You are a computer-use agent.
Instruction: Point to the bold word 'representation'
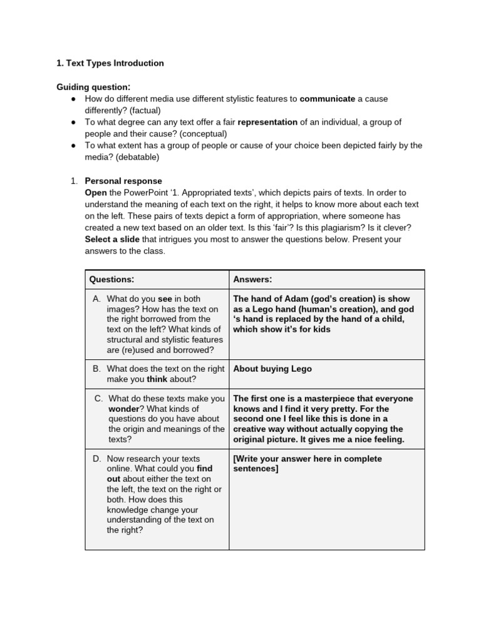pyautogui.click(x=267, y=122)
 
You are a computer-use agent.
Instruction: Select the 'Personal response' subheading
pyautogui.click(x=123, y=181)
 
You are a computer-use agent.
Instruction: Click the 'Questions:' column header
pyautogui.click(x=111, y=279)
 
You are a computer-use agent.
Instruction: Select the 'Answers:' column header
pyautogui.click(x=252, y=279)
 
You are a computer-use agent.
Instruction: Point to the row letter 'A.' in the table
pyautogui.click(x=97, y=299)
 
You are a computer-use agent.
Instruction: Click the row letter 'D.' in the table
pyautogui.click(x=97, y=459)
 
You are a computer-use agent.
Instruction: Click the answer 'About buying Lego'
pyautogui.click(x=272, y=369)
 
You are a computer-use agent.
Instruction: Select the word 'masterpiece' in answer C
pyautogui.click(x=318, y=399)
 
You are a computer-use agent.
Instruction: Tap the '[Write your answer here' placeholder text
pyautogui.click(x=284, y=459)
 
